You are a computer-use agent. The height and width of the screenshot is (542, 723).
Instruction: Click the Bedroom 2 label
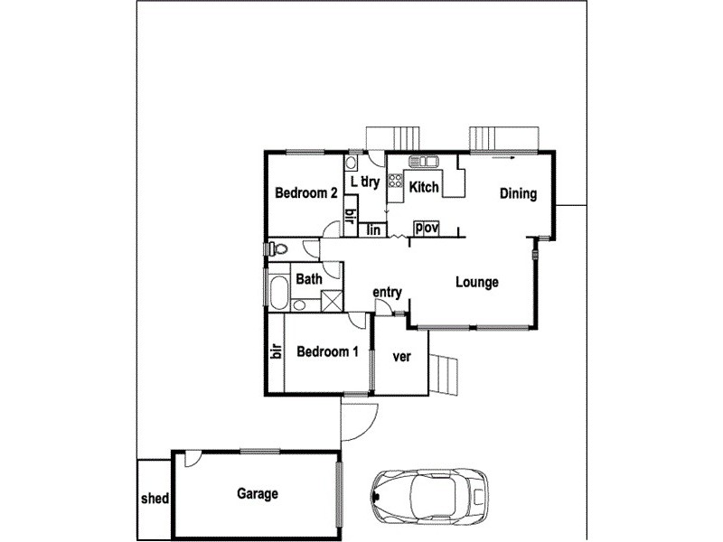click(306, 193)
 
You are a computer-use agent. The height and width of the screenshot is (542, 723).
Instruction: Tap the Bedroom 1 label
click(323, 352)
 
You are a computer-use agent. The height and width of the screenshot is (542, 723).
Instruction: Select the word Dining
click(518, 193)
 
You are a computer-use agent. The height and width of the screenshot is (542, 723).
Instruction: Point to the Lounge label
click(476, 283)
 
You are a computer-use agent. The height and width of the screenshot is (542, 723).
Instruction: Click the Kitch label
click(424, 188)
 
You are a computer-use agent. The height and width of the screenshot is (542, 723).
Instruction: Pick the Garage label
click(258, 494)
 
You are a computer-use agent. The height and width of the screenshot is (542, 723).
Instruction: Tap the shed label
click(154, 499)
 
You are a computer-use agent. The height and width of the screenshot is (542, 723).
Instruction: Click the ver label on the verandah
click(401, 356)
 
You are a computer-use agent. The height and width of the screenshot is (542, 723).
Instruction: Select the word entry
click(387, 292)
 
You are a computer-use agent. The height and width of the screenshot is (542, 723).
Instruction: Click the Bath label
click(309, 280)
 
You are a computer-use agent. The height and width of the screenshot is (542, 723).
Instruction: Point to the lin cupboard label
click(373, 229)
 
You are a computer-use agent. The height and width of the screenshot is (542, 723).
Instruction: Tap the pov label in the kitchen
click(426, 229)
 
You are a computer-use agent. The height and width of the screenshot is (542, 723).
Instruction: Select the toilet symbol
click(277, 248)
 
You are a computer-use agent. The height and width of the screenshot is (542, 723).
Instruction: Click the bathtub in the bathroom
click(277, 294)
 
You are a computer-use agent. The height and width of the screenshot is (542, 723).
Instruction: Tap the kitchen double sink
click(423, 162)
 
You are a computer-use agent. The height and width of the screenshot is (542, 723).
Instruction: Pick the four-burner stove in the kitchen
click(395, 185)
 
